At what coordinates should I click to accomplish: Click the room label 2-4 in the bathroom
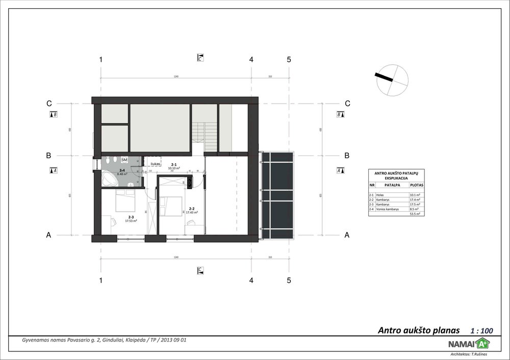coord(122,170)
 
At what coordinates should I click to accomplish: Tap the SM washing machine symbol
coord(124,160)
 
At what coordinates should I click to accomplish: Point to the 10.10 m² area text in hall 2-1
coord(174,168)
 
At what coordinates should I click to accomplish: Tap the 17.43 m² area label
coord(192,212)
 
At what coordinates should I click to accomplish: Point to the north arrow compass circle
coord(393,80)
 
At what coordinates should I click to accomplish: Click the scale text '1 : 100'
coord(481,330)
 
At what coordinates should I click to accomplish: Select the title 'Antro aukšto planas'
coord(419,330)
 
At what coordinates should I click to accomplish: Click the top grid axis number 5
coord(289,60)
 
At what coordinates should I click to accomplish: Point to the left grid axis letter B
coord(48,155)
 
